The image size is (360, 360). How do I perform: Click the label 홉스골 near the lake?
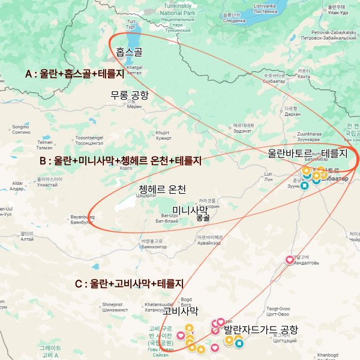click(129, 52)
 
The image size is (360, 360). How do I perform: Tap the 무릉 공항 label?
click(129, 95)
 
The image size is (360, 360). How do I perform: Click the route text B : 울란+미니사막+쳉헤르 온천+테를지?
click(120, 161)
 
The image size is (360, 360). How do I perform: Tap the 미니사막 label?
click(189, 209)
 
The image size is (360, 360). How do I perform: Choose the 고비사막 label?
click(180, 310)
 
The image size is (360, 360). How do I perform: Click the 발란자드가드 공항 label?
click(260, 330)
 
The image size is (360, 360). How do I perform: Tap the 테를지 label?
click(334, 153)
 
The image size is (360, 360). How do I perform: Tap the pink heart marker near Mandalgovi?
click(290, 260)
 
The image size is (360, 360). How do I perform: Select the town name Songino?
click(20, 127)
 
